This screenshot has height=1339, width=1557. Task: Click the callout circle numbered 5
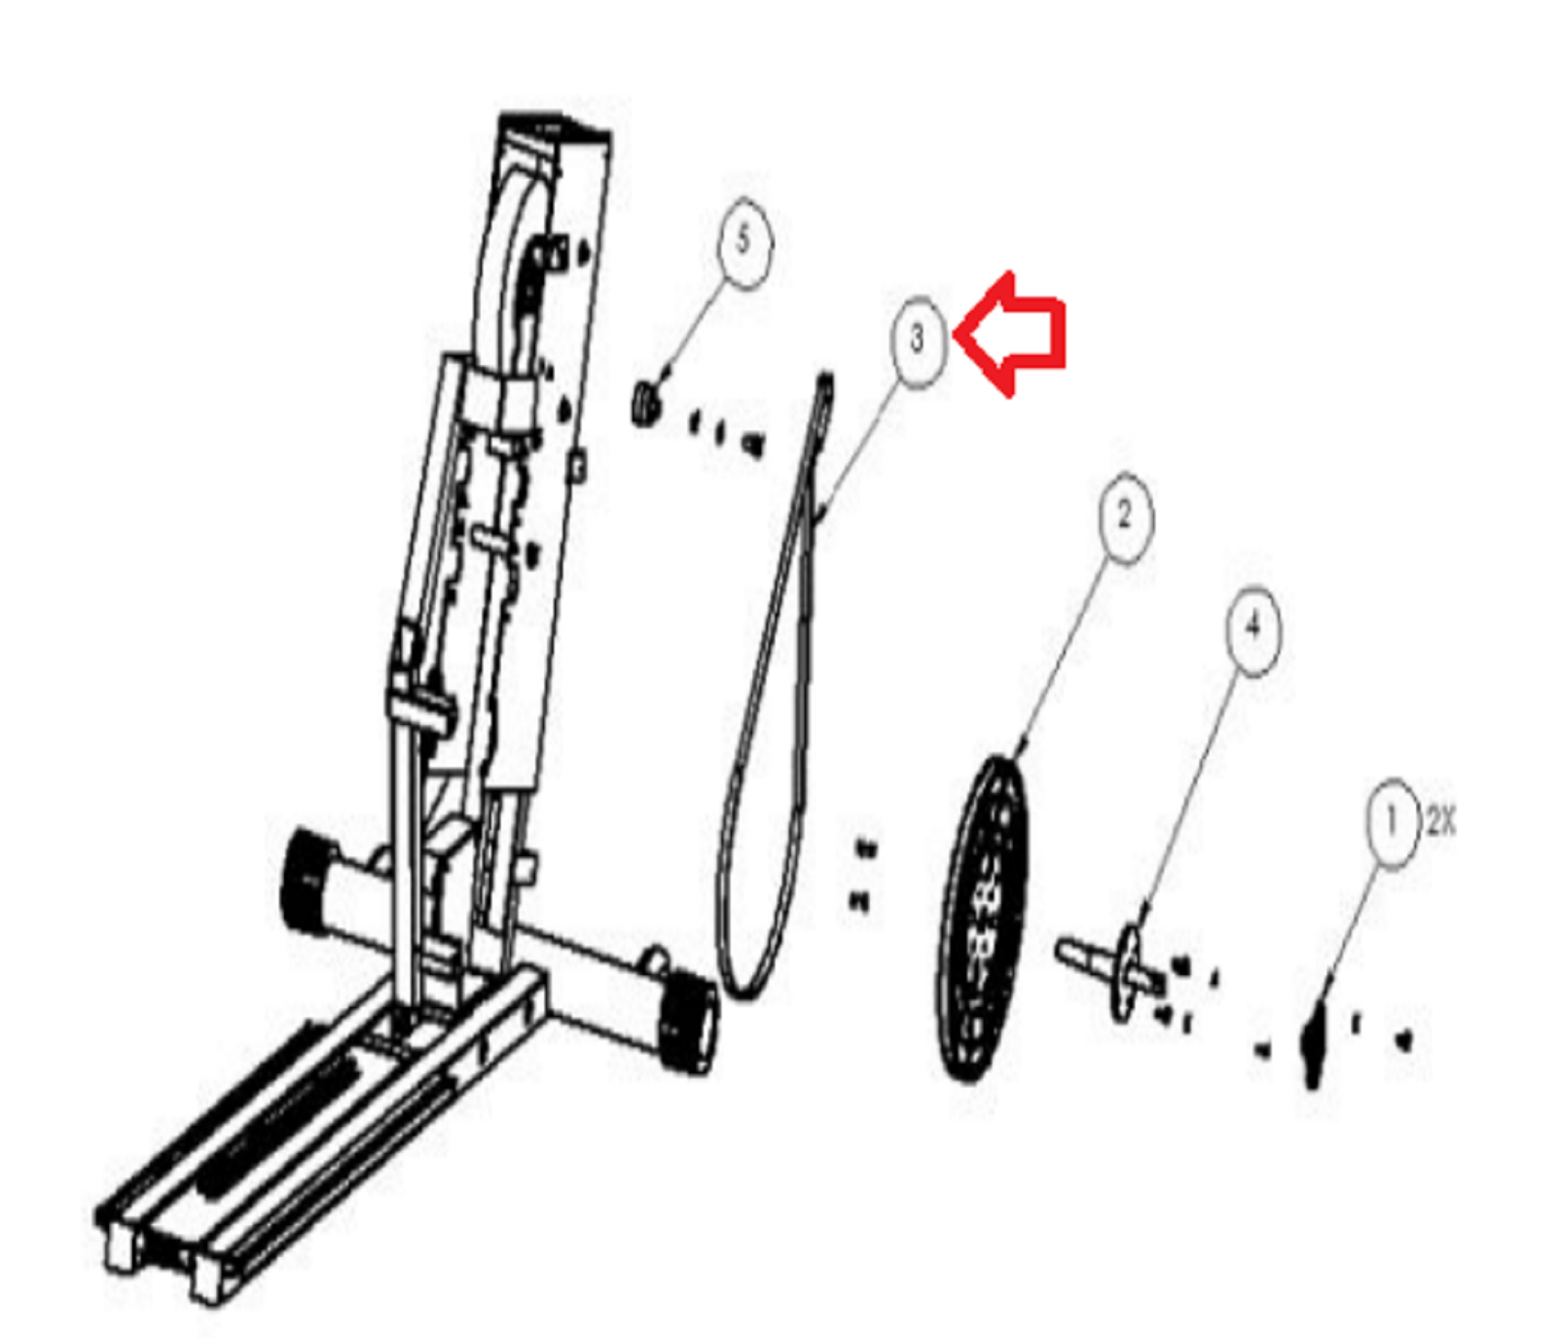coord(743,242)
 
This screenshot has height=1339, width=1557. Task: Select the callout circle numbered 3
coord(919,342)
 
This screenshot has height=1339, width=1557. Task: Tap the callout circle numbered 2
coord(1126,518)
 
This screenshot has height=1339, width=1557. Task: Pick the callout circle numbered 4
coord(1253,630)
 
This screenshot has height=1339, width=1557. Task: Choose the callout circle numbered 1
coord(1393,823)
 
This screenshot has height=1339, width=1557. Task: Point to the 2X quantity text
coord(1441,822)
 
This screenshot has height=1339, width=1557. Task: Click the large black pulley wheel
coord(983,919)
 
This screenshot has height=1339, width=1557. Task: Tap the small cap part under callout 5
coord(644,403)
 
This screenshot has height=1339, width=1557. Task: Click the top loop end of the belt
coord(827,385)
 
